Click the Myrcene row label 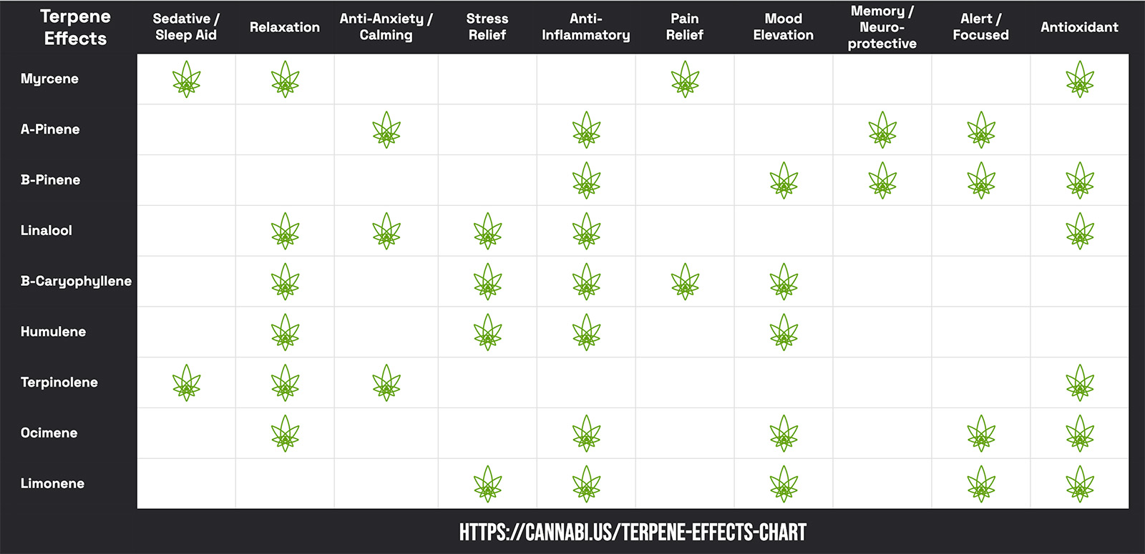(x=49, y=79)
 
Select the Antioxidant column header (x=1079, y=27)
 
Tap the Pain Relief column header (x=684, y=27)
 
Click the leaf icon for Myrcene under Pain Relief (x=685, y=79)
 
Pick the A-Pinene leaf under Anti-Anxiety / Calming (x=386, y=130)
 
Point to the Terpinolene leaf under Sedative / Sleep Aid (x=186, y=383)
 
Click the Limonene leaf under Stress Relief (x=487, y=484)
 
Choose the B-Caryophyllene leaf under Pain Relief (x=685, y=282)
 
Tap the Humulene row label (x=53, y=332)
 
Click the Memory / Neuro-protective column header (x=882, y=27)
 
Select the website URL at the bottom (x=633, y=533)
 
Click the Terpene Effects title (x=75, y=27)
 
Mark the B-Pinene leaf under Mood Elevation (x=784, y=181)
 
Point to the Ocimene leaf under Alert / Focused (x=981, y=434)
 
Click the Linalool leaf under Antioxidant (x=1080, y=232)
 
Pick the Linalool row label (x=47, y=230)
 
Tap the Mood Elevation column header (x=783, y=27)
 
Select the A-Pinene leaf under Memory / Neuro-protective (x=882, y=130)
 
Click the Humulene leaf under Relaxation (x=285, y=332)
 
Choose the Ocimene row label (x=49, y=433)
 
